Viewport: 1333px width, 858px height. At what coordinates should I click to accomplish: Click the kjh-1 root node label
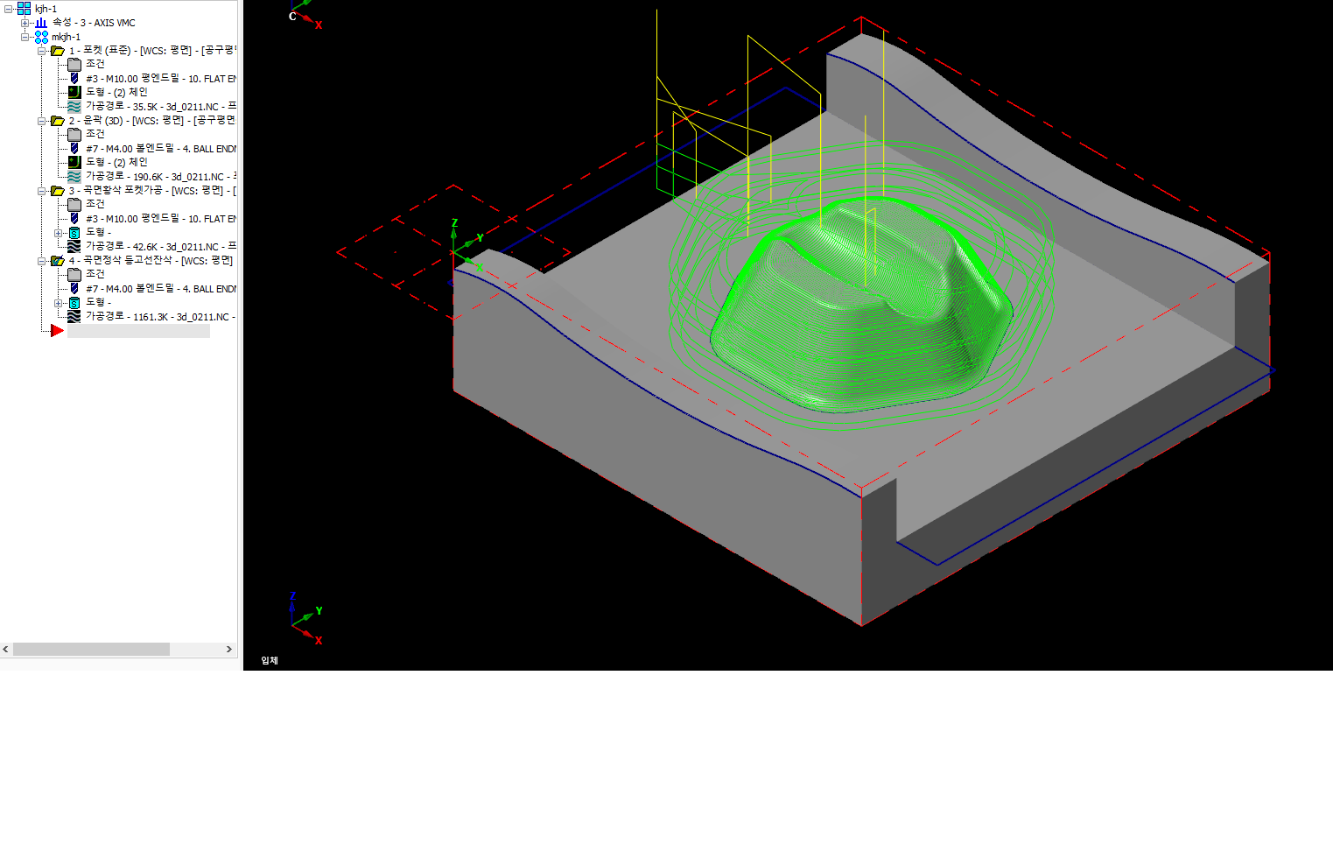46,9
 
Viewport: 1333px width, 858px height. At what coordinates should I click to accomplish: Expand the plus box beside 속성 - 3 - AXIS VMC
25,23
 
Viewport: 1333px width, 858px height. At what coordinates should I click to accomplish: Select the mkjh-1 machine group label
66,37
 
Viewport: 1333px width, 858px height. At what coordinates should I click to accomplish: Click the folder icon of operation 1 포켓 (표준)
58,51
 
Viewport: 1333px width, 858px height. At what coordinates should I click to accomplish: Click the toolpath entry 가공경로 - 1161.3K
157,316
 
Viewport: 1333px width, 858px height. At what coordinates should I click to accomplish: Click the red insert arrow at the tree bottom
57,331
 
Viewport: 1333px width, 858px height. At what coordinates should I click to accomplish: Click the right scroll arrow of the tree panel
229,650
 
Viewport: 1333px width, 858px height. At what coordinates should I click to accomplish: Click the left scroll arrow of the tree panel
6,650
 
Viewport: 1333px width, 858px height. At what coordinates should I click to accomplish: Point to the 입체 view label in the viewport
270,660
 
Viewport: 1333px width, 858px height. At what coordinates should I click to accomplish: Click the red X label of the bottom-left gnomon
319,641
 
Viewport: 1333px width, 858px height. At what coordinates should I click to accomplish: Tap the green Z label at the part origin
454,224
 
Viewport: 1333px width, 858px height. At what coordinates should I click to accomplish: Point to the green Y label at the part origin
480,238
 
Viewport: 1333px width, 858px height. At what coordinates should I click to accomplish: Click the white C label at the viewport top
292,17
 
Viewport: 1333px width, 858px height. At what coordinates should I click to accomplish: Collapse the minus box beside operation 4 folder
41,261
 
